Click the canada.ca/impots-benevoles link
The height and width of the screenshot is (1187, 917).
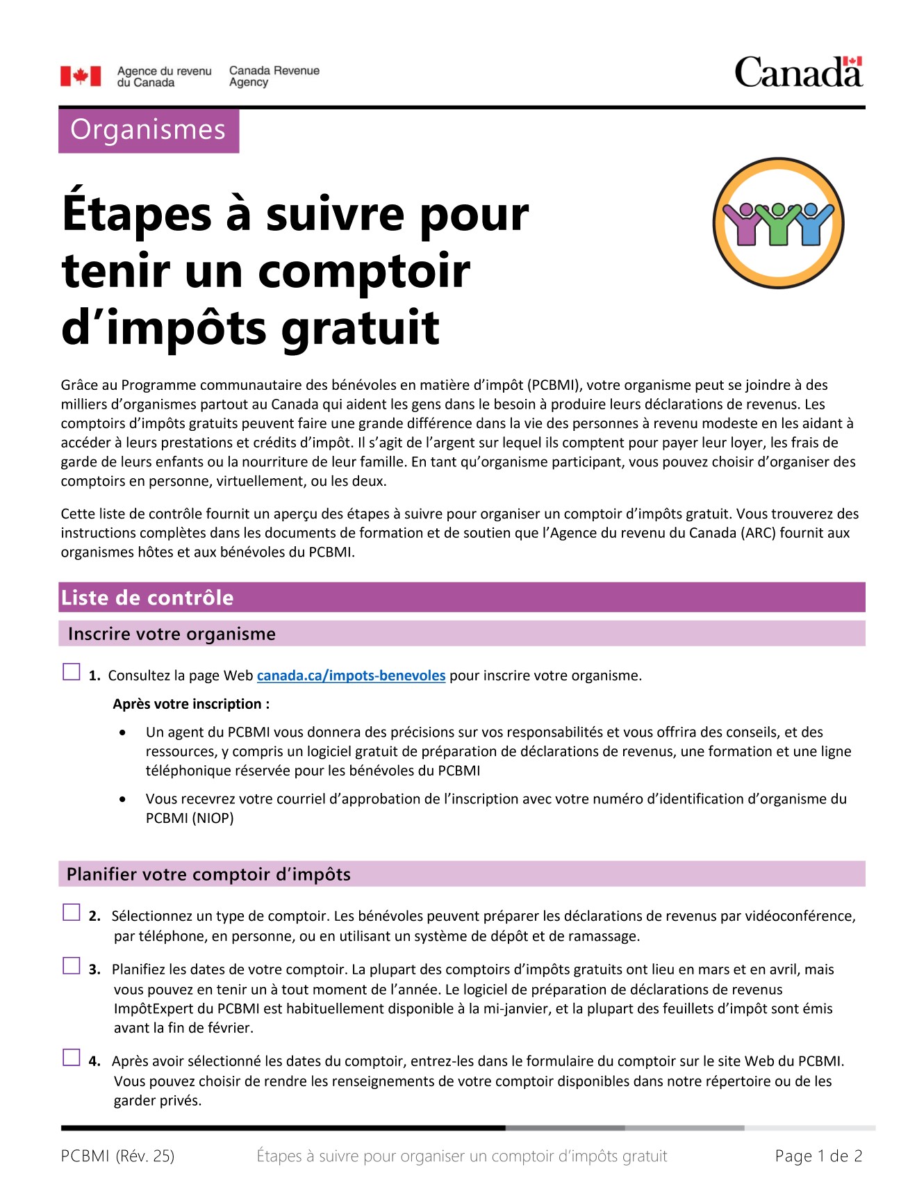coord(351,676)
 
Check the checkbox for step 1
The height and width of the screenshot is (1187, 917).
coord(72,672)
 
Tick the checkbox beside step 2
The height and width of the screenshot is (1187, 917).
coord(72,912)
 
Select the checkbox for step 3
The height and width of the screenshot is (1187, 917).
coord(72,966)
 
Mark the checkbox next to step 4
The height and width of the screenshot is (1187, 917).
coord(72,1058)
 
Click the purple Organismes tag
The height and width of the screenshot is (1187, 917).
coord(149,131)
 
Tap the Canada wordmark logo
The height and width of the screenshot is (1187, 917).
coord(798,73)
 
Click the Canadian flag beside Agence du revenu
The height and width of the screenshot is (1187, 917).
coord(81,76)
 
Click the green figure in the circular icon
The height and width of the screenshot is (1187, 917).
coord(779,225)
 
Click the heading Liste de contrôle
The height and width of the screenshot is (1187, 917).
coord(147,598)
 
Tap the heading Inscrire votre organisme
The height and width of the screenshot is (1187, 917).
coord(172,634)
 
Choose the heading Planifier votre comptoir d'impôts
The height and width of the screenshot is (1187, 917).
coord(208,874)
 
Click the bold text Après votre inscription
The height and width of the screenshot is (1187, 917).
coord(191,704)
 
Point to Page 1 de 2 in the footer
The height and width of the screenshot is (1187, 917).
coord(818,1156)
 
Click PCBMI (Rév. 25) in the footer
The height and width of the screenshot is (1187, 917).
coord(117,1156)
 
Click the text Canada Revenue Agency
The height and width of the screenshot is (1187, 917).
coord(274,76)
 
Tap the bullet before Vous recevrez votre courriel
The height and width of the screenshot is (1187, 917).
coord(123,799)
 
